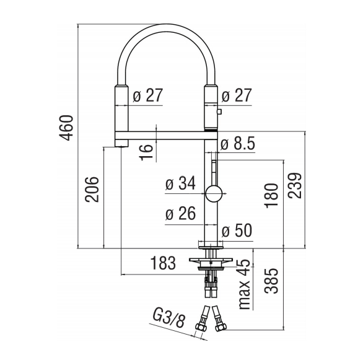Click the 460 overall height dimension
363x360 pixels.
point(66,128)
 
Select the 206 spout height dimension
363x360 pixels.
point(92,189)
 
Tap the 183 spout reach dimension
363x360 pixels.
point(163,263)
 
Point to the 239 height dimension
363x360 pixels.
point(295,185)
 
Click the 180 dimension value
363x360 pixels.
point(271,196)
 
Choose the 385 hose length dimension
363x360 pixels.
point(271,281)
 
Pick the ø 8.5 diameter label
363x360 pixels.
point(238,144)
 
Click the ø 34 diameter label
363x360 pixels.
point(181,183)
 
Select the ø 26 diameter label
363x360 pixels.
point(181,213)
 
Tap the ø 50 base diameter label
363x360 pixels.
point(237,230)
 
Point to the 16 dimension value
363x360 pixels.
point(146,152)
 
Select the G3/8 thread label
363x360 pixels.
point(169,318)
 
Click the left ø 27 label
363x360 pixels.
point(148,95)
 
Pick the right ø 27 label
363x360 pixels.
point(237,95)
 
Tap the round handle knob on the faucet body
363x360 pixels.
point(214,193)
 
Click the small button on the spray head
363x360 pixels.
point(219,112)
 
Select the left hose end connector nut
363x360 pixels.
point(200,327)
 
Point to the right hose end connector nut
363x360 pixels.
point(221,328)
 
